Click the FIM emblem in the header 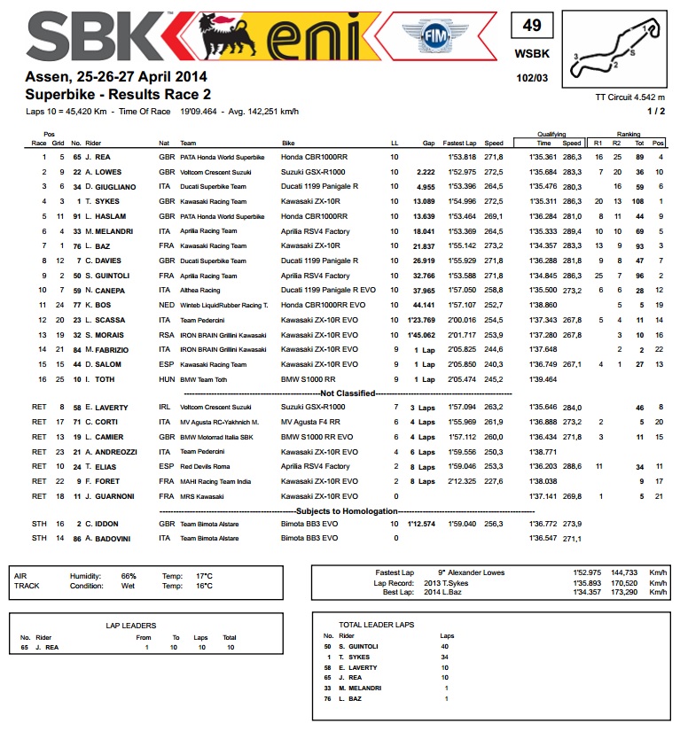point(434,39)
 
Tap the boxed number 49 point(531,26)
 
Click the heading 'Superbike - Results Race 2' point(118,94)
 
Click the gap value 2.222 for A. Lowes point(424,172)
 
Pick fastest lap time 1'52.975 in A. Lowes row point(461,172)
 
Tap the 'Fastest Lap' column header point(461,143)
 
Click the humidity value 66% point(129,575)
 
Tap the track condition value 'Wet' point(128,586)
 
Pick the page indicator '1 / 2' point(657,111)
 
